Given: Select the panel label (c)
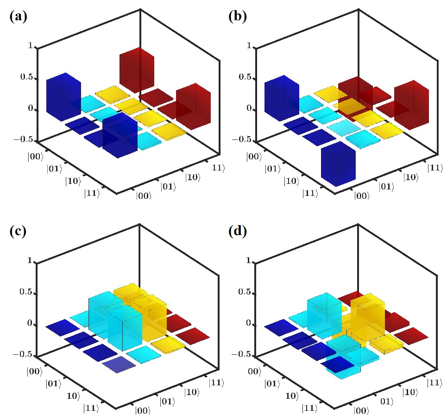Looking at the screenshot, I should click(18, 232).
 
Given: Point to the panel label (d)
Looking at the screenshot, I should click(238, 232).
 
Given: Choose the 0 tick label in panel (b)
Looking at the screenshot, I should click(248, 109).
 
